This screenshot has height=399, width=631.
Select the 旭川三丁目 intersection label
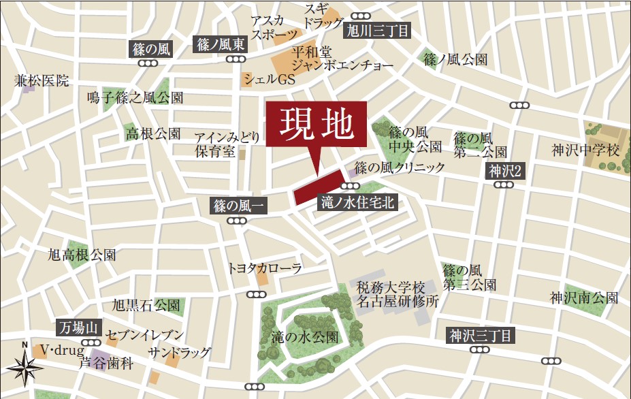pos(378,30)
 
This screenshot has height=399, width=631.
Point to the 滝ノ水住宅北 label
pos(357,202)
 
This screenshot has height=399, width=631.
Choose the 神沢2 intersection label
pos(504,172)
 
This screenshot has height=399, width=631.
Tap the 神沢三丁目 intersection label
pos(480,335)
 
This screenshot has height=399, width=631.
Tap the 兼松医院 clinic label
pos(42,81)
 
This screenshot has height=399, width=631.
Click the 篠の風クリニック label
pos(400,167)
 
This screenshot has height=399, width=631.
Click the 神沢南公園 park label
pos(585,298)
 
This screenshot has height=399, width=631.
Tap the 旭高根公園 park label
pos(82,255)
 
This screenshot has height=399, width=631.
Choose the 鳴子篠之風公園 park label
pos(135,98)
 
